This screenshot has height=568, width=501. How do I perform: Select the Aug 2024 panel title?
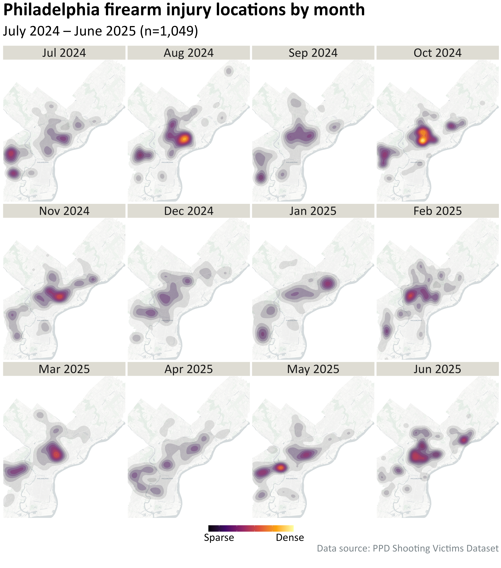coord(189,53)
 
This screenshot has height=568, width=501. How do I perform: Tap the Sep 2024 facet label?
coord(313,53)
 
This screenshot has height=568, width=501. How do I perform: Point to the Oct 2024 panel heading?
coord(437,53)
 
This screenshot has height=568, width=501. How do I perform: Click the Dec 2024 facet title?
coord(189,211)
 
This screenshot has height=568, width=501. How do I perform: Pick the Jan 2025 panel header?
coord(313,211)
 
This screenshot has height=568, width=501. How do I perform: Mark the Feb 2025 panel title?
coord(437,211)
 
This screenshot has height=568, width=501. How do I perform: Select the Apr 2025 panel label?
coord(189,369)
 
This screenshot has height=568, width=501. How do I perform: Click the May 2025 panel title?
coord(313,369)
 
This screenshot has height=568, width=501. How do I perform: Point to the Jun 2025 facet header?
coord(437,369)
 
